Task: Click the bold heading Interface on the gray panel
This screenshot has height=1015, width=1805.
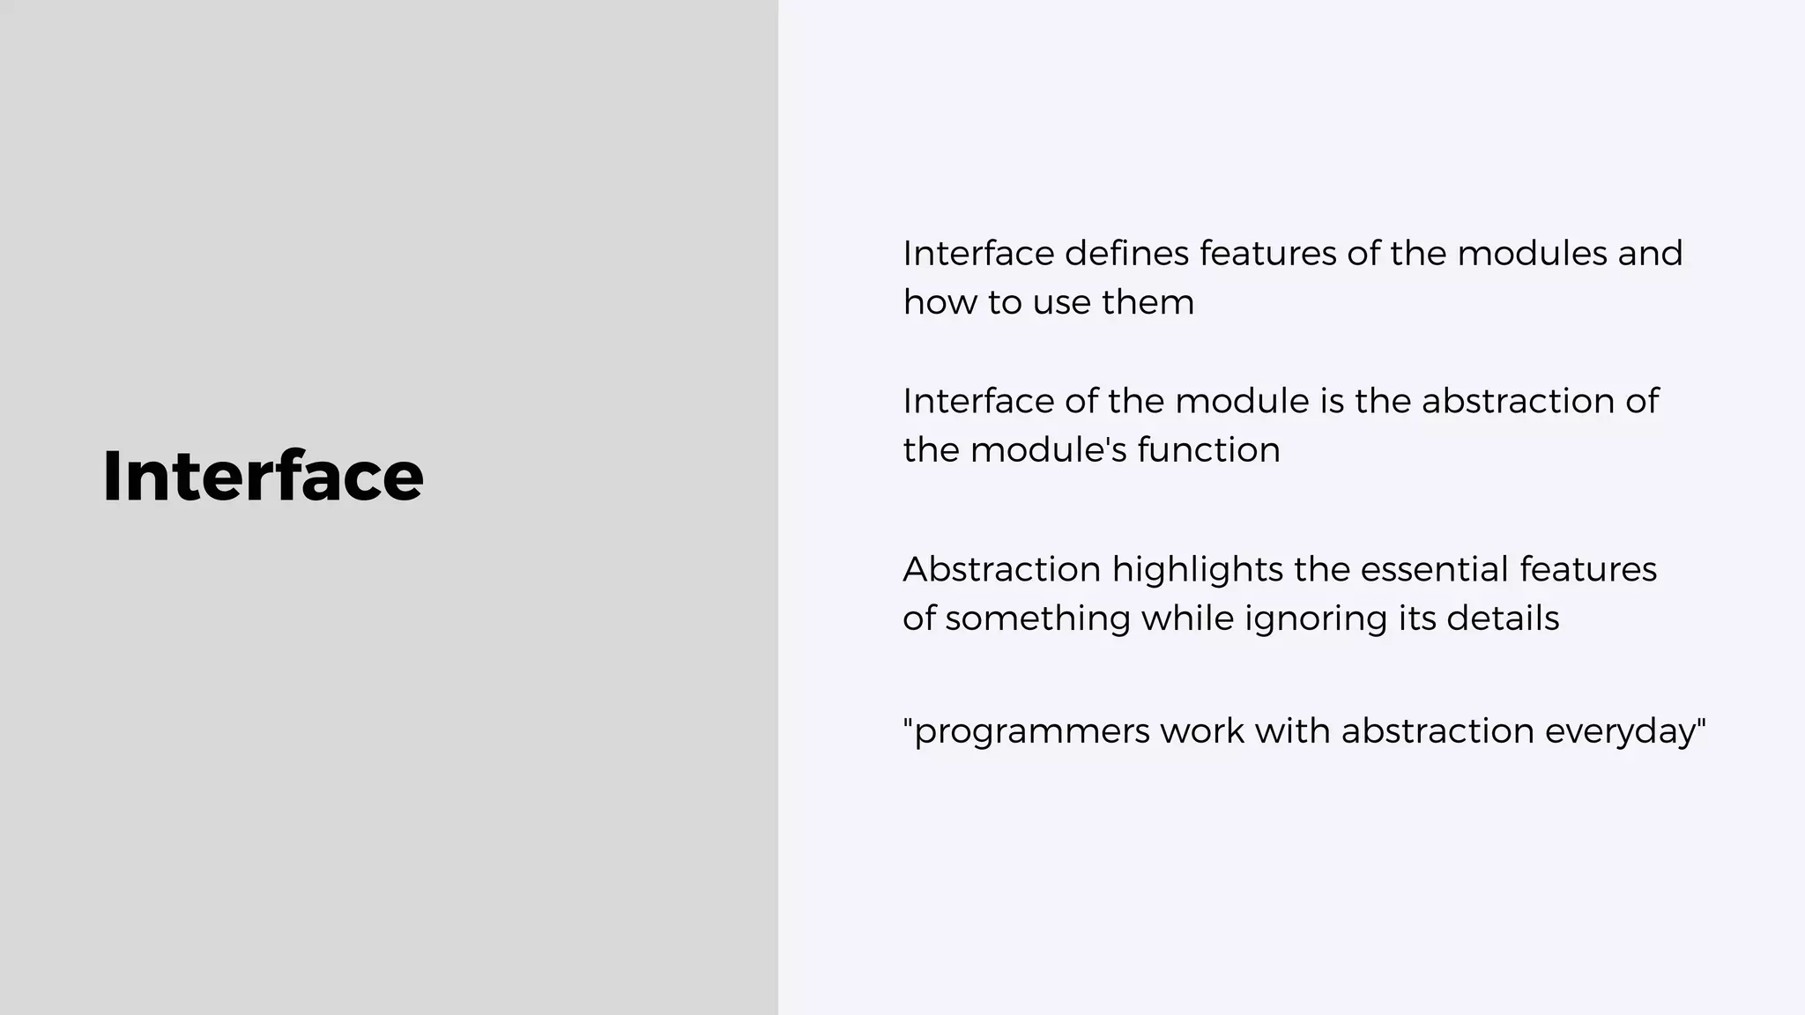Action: (x=263, y=477)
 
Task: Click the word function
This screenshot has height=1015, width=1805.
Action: (x=1208, y=450)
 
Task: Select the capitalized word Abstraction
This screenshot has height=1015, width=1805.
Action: (x=1001, y=569)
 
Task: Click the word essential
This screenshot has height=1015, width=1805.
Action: (x=1434, y=569)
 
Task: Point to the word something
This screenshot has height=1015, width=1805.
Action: (x=1037, y=619)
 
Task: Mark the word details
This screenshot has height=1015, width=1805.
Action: (x=1502, y=618)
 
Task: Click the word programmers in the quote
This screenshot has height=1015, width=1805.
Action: (x=1031, y=732)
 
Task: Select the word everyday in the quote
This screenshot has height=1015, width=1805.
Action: (x=1620, y=732)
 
